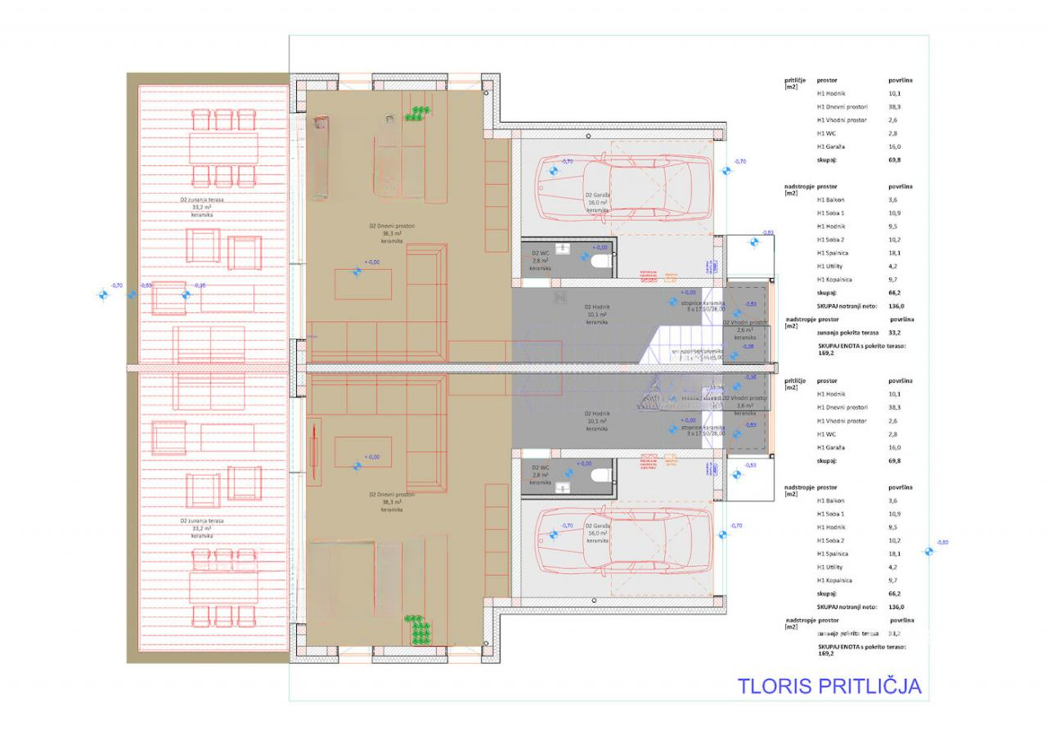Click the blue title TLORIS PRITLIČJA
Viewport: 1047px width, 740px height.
pos(829,685)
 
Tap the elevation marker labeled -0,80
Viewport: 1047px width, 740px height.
pos(928,551)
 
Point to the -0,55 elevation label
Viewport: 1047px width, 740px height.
pos(146,285)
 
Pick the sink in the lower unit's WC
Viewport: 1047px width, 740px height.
pos(564,487)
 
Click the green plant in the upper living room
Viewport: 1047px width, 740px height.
pos(419,114)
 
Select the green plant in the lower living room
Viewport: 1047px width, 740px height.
pos(420,630)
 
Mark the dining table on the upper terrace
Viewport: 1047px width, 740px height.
pos(223,148)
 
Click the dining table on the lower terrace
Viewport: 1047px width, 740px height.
pos(223,585)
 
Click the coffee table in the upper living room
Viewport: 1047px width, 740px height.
pos(362,285)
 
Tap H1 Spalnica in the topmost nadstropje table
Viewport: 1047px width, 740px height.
pos(834,253)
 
